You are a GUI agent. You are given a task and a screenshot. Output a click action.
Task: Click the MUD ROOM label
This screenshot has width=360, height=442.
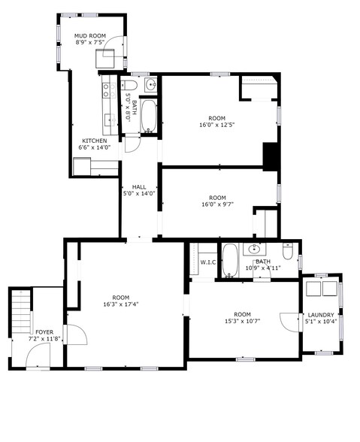coord(89,35)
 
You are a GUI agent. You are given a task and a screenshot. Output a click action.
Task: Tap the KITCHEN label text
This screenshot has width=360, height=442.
coord(94,141)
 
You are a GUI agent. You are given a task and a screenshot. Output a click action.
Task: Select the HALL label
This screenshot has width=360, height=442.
coord(139,186)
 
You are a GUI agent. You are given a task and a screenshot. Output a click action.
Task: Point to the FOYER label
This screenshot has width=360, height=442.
coord(44,331)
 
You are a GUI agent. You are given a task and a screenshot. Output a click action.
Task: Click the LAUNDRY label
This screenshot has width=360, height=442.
coord(322,314)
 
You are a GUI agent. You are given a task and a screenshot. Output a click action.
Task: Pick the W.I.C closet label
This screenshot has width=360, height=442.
coord(207,262)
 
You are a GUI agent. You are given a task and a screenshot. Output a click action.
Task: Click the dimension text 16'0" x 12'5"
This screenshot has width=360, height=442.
coord(216,125)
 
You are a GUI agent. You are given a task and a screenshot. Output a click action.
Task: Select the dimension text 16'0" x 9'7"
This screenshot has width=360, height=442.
coord(218,204)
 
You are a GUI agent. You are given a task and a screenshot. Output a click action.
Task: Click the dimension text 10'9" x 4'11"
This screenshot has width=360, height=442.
coord(263,268)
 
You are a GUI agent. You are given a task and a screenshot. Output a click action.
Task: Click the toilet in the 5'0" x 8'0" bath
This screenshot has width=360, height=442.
coord(129,84)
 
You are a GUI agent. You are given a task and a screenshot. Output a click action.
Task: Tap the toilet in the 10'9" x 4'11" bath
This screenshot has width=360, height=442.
coord(288,251)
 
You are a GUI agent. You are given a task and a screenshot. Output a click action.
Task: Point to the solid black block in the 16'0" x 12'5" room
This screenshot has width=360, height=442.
coord(271,156)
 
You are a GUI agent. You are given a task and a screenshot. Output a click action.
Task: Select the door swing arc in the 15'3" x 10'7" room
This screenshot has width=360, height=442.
coord(288,321)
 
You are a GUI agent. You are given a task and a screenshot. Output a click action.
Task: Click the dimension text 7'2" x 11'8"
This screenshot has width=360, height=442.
coord(44,339)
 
